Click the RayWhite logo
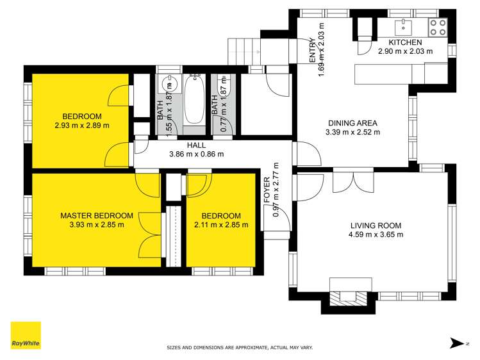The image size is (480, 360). pos(26,336)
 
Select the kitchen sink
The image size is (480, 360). pos(404,25)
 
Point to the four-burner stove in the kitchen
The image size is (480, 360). pos(438,26)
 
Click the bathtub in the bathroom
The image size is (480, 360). pos(193,101)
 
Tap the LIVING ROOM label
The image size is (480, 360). pos(376,225)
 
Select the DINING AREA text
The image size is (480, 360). pos(352,124)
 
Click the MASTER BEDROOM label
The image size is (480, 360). pos(97,216)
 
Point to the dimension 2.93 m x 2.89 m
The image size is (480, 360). pos(81,125)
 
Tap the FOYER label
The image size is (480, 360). pos(267,192)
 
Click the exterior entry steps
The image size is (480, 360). pos(244,50)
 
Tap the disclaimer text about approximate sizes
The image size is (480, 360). pos(240,347)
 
